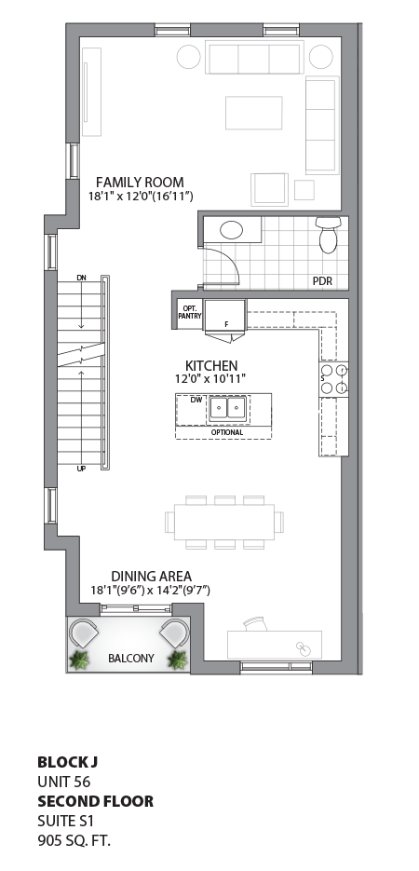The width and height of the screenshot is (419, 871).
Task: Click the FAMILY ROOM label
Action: coord(140,182)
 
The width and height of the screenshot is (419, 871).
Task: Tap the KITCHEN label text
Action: coord(211,365)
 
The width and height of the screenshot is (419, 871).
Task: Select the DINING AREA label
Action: coord(151,576)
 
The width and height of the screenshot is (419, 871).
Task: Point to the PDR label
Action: coord(323,280)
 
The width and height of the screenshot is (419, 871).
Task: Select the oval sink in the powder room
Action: coord(232,230)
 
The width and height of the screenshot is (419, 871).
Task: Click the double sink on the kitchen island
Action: coord(228,408)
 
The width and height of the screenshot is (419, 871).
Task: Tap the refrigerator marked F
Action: coord(224,317)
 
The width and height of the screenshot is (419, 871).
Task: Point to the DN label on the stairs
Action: coord(82,279)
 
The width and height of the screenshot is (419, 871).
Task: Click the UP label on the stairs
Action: coord(82,469)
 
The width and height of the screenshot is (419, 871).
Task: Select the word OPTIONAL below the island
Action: coord(227,432)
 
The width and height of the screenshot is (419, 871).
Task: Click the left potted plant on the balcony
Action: coord(79,660)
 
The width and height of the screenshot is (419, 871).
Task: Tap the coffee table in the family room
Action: coord(253,113)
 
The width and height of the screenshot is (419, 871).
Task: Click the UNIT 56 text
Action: coord(63,781)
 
